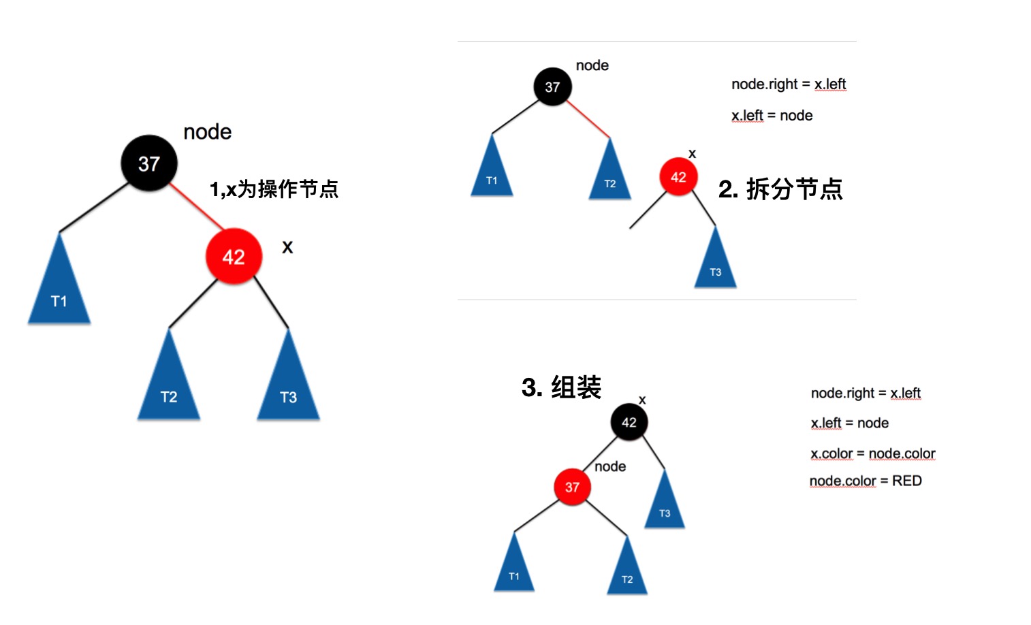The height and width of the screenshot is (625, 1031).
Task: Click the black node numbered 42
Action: coord(629,422)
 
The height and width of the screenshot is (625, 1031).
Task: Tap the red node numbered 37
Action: coord(572,487)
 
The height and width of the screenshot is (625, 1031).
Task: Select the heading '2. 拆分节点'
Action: coord(780,189)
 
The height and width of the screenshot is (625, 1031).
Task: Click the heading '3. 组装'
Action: coord(561,387)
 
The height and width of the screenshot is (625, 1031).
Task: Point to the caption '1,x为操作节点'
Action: coord(274,189)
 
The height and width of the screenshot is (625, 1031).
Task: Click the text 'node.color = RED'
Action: coord(866,481)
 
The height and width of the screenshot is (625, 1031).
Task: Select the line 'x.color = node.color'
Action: coord(872,453)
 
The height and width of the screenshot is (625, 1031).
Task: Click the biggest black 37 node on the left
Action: coord(149,163)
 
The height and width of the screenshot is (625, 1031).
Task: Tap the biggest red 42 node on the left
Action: coord(234,257)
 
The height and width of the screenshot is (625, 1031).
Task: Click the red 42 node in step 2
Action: coord(678,177)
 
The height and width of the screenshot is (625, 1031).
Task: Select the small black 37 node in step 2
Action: coord(552,86)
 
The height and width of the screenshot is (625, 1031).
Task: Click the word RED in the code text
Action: coord(907,481)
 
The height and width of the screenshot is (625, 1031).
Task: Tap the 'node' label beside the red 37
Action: coord(610,466)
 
